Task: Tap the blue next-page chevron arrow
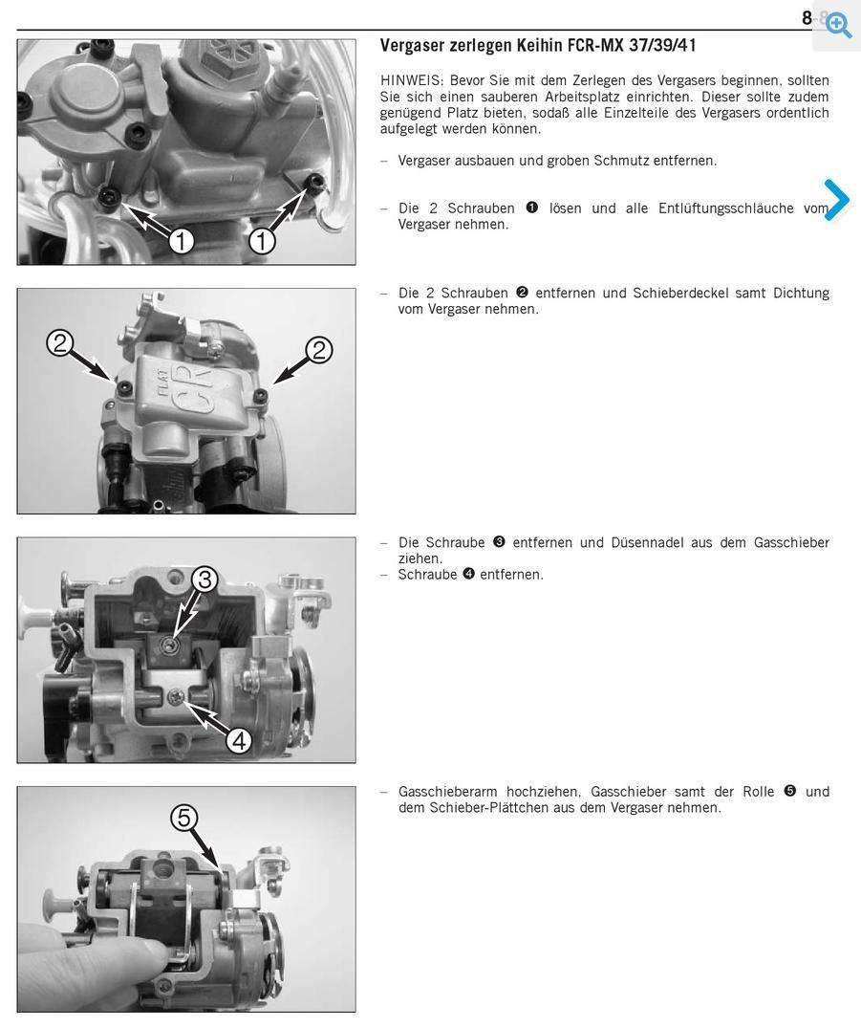[x=837, y=199]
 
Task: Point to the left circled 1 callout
[x=182, y=241]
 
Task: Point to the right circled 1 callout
[x=262, y=241]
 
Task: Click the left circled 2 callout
[x=59, y=343]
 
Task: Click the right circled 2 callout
[x=319, y=350]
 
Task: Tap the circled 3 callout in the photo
[x=205, y=580]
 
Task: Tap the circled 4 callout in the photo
[x=239, y=741]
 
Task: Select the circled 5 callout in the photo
[x=184, y=818]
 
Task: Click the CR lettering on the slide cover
[x=196, y=392]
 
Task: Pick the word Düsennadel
[x=661, y=543]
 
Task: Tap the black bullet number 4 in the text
[x=468, y=574]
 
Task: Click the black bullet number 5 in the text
[x=790, y=791]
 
